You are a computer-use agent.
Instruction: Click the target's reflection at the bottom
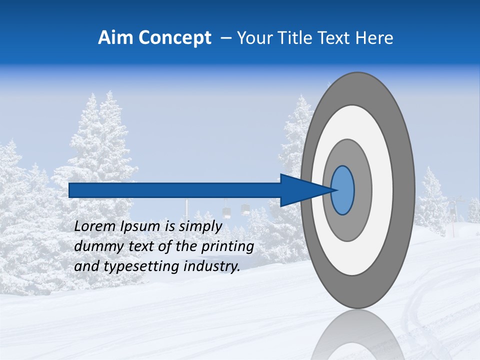click(357, 335)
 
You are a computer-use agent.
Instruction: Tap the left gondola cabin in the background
click(226, 211)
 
